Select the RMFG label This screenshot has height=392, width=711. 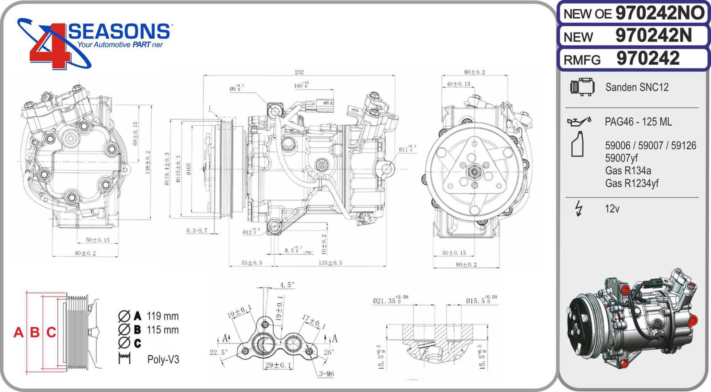[x=582, y=60]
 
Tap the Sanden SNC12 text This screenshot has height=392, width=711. [x=636, y=87]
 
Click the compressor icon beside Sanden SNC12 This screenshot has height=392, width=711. [x=582, y=87]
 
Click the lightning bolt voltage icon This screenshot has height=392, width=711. [x=579, y=208]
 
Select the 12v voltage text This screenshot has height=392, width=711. [x=612, y=209]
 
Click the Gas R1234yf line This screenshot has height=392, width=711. [x=631, y=183]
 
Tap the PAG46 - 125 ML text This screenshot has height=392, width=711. [x=638, y=122]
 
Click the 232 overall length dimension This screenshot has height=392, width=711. [x=299, y=72]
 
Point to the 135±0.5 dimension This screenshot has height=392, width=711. [x=330, y=263]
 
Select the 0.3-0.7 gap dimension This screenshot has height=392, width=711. [x=196, y=230]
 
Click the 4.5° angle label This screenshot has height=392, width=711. [x=287, y=285]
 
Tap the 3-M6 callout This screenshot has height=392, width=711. [x=326, y=374]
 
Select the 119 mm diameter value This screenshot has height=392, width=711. [x=163, y=316]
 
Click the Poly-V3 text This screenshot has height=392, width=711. [x=163, y=359]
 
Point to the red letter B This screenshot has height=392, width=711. [x=35, y=332]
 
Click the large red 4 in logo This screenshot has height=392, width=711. [x=49, y=49]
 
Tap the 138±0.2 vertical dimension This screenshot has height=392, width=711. [x=148, y=162]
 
